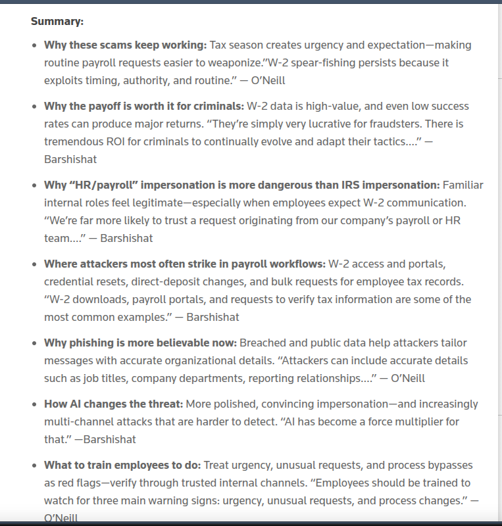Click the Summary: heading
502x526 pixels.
57,22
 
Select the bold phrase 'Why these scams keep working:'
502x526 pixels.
125,45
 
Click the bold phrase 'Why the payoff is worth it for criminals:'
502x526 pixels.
143,107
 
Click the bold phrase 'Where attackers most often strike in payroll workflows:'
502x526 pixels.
184,264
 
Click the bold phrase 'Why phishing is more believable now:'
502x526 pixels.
140,343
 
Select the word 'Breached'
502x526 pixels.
262,343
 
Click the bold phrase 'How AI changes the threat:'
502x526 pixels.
113,404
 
